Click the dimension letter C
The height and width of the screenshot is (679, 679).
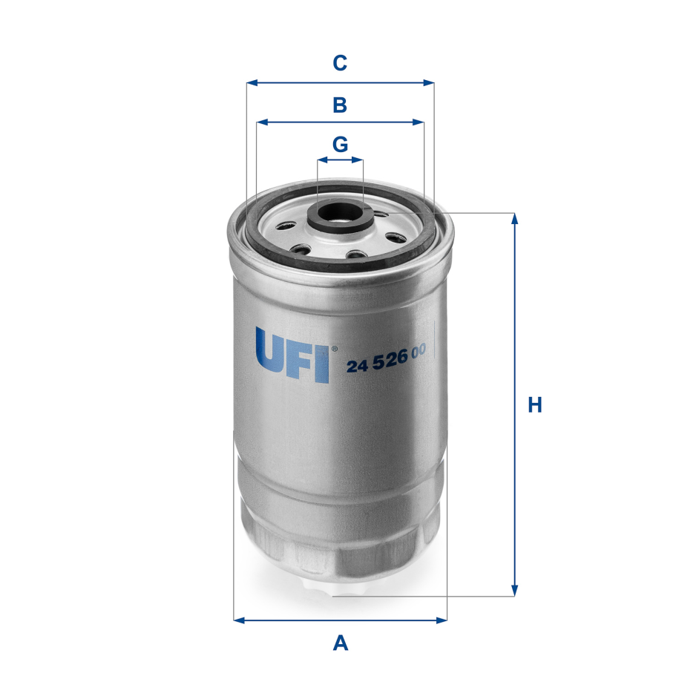pos(340,64)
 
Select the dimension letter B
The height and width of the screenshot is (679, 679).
pos(340,105)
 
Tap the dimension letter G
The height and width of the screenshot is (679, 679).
pos(340,144)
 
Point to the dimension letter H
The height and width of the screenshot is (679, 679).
pos(535,405)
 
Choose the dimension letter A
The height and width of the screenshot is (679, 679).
pos(340,642)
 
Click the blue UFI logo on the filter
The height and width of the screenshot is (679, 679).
pos(292,355)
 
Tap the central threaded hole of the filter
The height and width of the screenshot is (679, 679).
pos(340,212)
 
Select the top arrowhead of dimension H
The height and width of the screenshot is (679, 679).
pos(514,217)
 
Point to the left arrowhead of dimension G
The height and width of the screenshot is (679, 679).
pos(321,160)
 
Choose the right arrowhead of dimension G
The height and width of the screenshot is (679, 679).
pos(360,160)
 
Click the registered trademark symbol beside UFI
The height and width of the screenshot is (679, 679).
pos(334,348)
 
